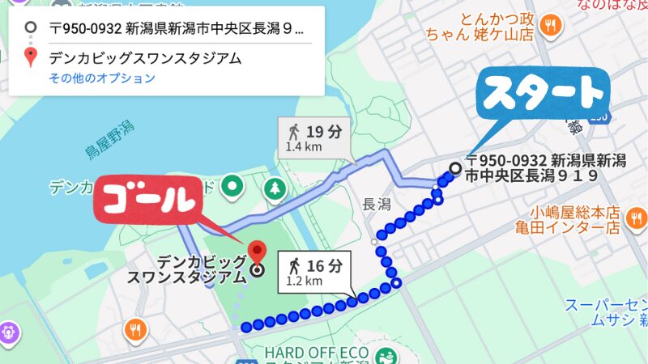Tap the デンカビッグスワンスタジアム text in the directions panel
pos(145,58)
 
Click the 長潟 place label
pos(377,204)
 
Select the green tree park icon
pos(276,188)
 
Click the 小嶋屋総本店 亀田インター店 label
pos(567,219)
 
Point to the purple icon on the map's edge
pos(7,331)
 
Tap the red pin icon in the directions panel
pos(31,58)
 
